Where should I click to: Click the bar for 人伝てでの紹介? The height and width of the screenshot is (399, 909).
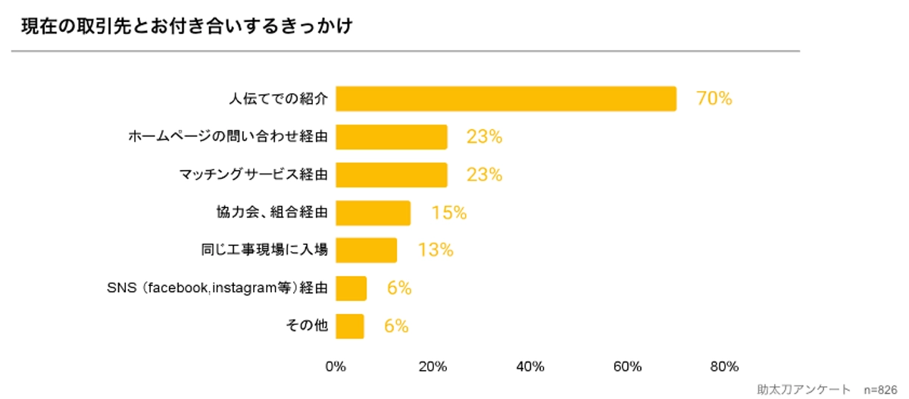pyautogui.click(x=505, y=99)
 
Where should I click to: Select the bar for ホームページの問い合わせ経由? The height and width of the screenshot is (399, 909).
pyautogui.click(x=391, y=137)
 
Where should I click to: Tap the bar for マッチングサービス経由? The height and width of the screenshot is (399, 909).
pyautogui.click(x=391, y=174)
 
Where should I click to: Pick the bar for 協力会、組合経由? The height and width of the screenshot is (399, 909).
pyautogui.click(x=373, y=212)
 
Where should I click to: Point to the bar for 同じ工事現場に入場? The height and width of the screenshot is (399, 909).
pyautogui.click(x=366, y=250)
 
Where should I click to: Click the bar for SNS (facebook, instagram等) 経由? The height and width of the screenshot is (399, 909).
pyautogui.click(x=351, y=288)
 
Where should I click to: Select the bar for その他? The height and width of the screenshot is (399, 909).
pyautogui.click(x=349, y=326)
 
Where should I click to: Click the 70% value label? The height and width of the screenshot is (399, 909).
pyautogui.click(x=714, y=99)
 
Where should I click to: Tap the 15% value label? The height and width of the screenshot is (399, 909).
pyautogui.click(x=448, y=212)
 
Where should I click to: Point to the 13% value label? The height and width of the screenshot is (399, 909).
pyautogui.click(x=435, y=250)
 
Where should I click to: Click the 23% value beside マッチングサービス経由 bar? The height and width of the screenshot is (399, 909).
pyautogui.click(x=484, y=174)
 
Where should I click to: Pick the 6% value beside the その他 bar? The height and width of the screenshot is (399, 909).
pyautogui.click(x=396, y=326)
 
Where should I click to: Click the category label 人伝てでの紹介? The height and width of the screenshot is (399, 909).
pyautogui.click(x=278, y=99)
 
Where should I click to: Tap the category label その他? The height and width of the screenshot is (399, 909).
pyautogui.click(x=305, y=326)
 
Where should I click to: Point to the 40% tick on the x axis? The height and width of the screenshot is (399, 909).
pyautogui.click(x=529, y=367)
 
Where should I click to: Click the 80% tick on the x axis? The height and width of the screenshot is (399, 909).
pyautogui.click(x=724, y=367)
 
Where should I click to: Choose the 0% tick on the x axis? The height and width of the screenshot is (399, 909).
pyautogui.click(x=336, y=367)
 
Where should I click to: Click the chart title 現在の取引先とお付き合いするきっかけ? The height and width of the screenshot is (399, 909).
pyautogui.click(x=187, y=27)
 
